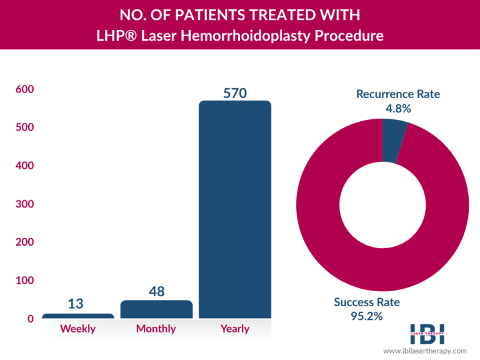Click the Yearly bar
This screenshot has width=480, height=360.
[234, 209]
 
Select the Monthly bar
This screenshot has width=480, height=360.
[156, 309]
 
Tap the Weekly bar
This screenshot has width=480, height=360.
[78, 316]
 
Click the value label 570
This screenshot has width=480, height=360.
[235, 93]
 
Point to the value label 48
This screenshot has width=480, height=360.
[156, 292]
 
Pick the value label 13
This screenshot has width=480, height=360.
[76, 304]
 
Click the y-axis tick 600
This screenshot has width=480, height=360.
[24, 89]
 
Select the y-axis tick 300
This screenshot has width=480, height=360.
[24, 204]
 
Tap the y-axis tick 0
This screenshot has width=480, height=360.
[30, 319]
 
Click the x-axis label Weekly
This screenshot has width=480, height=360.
[77, 329]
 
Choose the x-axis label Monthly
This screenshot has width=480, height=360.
[156, 329]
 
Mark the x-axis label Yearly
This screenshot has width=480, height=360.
[235, 329]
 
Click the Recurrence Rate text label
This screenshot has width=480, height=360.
[398, 94]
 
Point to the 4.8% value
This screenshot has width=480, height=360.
[398, 109]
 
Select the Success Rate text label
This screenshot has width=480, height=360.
[367, 302]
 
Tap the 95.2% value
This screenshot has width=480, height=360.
[367, 316]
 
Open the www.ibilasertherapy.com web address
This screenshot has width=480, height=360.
[425, 351]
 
